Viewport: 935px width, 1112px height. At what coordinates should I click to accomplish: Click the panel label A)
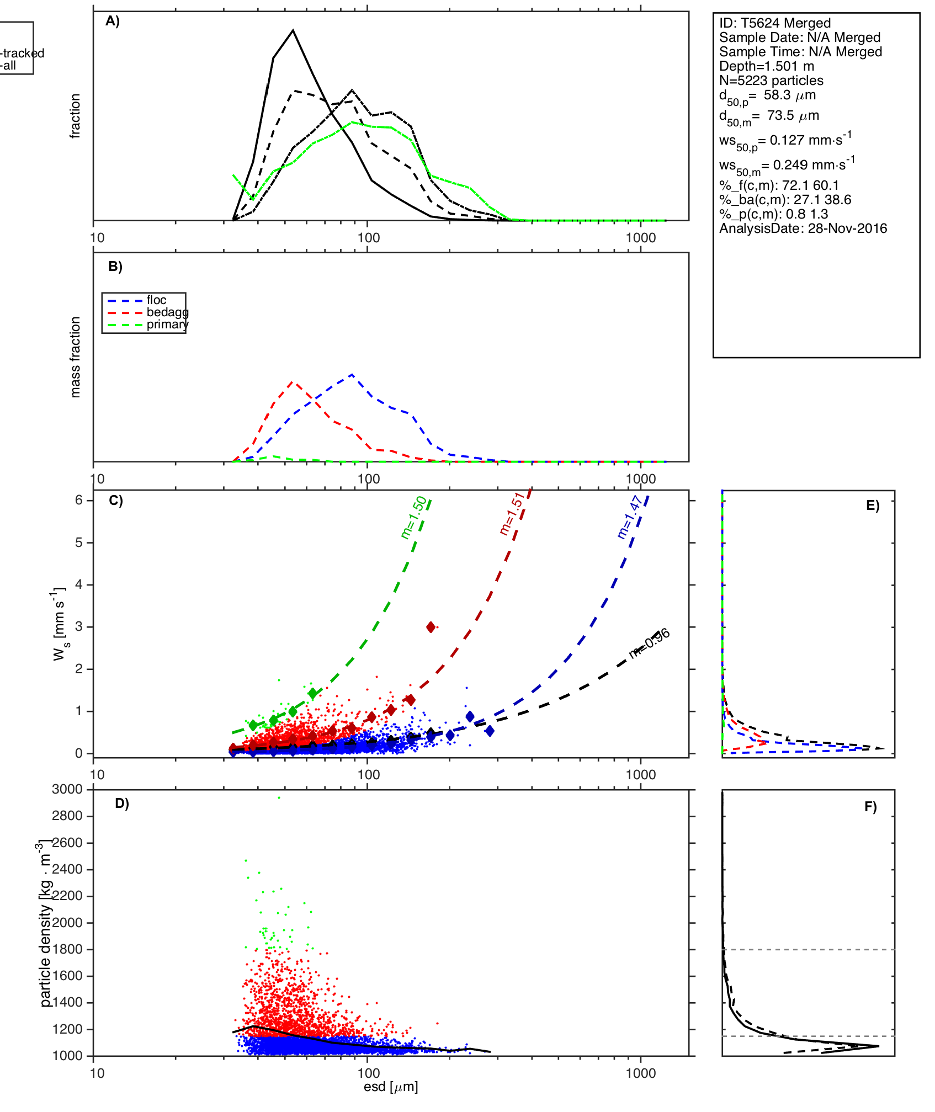[113, 21]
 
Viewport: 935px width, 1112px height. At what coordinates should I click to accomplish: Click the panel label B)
[115, 267]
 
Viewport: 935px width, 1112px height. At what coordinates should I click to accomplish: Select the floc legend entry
[156, 300]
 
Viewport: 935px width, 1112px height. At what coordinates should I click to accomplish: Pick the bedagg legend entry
[167, 312]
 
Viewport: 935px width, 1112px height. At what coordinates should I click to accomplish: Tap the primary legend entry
[167, 324]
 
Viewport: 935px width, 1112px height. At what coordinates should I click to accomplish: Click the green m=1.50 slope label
[413, 517]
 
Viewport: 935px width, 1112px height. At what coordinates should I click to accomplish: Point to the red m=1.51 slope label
[512, 514]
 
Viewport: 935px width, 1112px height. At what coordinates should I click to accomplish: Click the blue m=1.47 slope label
[629, 517]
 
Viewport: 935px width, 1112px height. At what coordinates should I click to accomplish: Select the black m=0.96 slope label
[650, 643]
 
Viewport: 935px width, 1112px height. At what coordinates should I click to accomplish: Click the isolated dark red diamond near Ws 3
[431, 627]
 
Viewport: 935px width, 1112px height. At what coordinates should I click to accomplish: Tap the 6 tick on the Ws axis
[79, 500]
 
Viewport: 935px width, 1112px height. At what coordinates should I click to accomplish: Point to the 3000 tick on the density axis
[67, 789]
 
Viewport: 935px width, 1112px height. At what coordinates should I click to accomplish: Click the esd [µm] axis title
[391, 1087]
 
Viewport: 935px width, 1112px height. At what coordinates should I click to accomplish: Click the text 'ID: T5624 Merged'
[775, 23]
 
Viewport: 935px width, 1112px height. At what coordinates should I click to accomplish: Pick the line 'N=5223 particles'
[771, 81]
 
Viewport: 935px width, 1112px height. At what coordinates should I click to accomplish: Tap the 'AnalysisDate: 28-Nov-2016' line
[803, 228]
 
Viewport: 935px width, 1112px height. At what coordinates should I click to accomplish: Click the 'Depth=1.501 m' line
[767, 66]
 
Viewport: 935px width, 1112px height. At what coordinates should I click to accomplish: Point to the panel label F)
[870, 807]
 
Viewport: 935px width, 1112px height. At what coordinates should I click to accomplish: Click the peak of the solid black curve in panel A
[293, 30]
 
